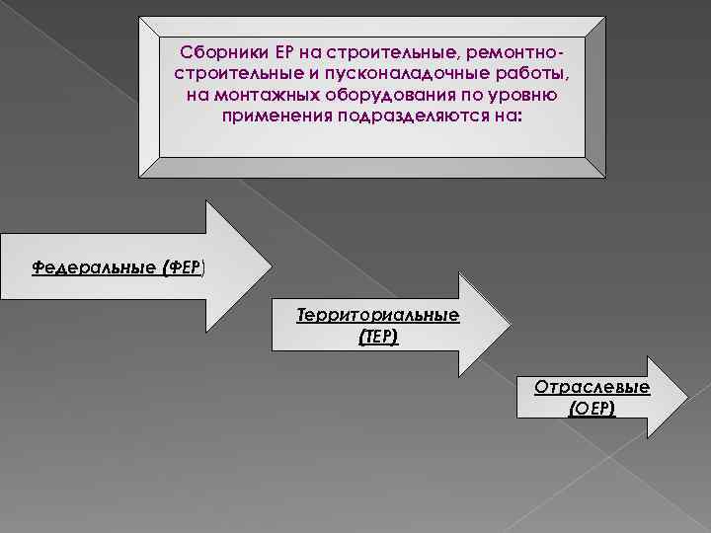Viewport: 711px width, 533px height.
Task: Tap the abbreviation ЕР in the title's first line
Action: click(274, 52)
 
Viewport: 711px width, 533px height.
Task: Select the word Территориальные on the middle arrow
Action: click(378, 316)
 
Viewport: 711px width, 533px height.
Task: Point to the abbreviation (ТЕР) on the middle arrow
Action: click(378, 337)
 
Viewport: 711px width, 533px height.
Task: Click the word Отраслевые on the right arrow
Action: click(592, 387)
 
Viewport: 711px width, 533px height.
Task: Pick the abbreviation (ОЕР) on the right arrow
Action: click(592, 407)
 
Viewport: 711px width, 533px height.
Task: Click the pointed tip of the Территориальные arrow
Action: click(513, 326)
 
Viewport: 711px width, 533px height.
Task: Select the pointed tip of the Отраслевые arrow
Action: click(685, 396)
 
